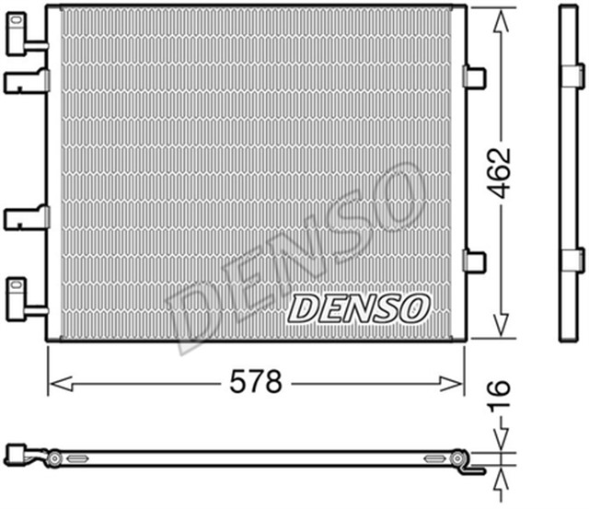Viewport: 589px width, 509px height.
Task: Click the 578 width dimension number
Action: (255, 382)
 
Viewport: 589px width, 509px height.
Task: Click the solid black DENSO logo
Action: (358, 307)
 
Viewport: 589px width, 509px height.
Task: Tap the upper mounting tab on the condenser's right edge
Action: (474, 77)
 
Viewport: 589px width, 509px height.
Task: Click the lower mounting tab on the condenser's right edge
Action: (474, 262)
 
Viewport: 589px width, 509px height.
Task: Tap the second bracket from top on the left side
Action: (26, 82)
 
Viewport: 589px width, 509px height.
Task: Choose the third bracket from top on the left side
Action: (26, 217)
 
